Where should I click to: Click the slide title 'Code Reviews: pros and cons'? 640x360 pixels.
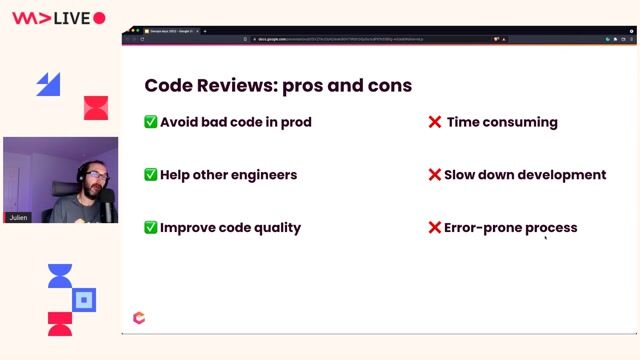[x=278, y=85]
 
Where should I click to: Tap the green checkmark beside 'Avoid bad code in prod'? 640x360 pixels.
[x=151, y=122]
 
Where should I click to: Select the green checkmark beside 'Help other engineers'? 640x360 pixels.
[x=151, y=174]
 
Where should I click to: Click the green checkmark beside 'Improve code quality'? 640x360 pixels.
[x=151, y=227]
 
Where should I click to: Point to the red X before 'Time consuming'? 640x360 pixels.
[x=435, y=122]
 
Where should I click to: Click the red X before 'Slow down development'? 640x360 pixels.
[x=435, y=174]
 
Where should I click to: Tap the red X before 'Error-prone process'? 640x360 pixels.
[x=435, y=227]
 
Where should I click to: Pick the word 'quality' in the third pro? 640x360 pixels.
[x=275, y=227]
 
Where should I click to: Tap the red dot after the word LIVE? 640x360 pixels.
[x=99, y=18]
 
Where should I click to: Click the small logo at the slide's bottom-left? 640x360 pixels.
[x=139, y=318]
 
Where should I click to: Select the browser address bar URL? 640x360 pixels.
[x=330, y=39]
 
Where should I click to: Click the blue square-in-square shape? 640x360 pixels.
[x=85, y=299]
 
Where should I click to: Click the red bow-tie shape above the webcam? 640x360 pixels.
[x=95, y=108]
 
